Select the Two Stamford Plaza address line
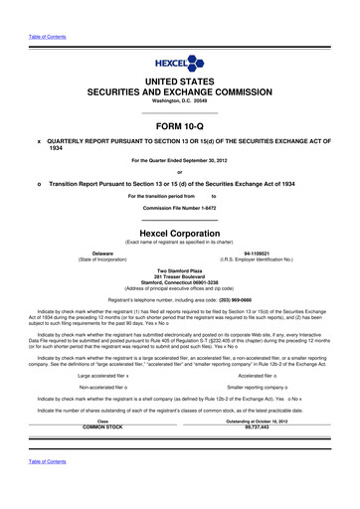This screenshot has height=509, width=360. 180,270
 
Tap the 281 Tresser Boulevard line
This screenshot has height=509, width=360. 180,276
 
